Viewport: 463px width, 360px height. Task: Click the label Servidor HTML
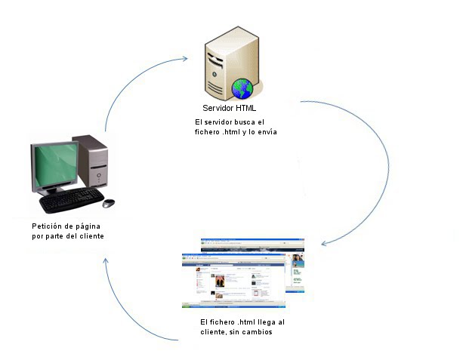coord(229,108)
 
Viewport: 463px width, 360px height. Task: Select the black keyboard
coord(71,201)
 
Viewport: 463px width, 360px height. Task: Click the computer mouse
coord(109,203)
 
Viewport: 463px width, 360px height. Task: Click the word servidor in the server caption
coord(219,122)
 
